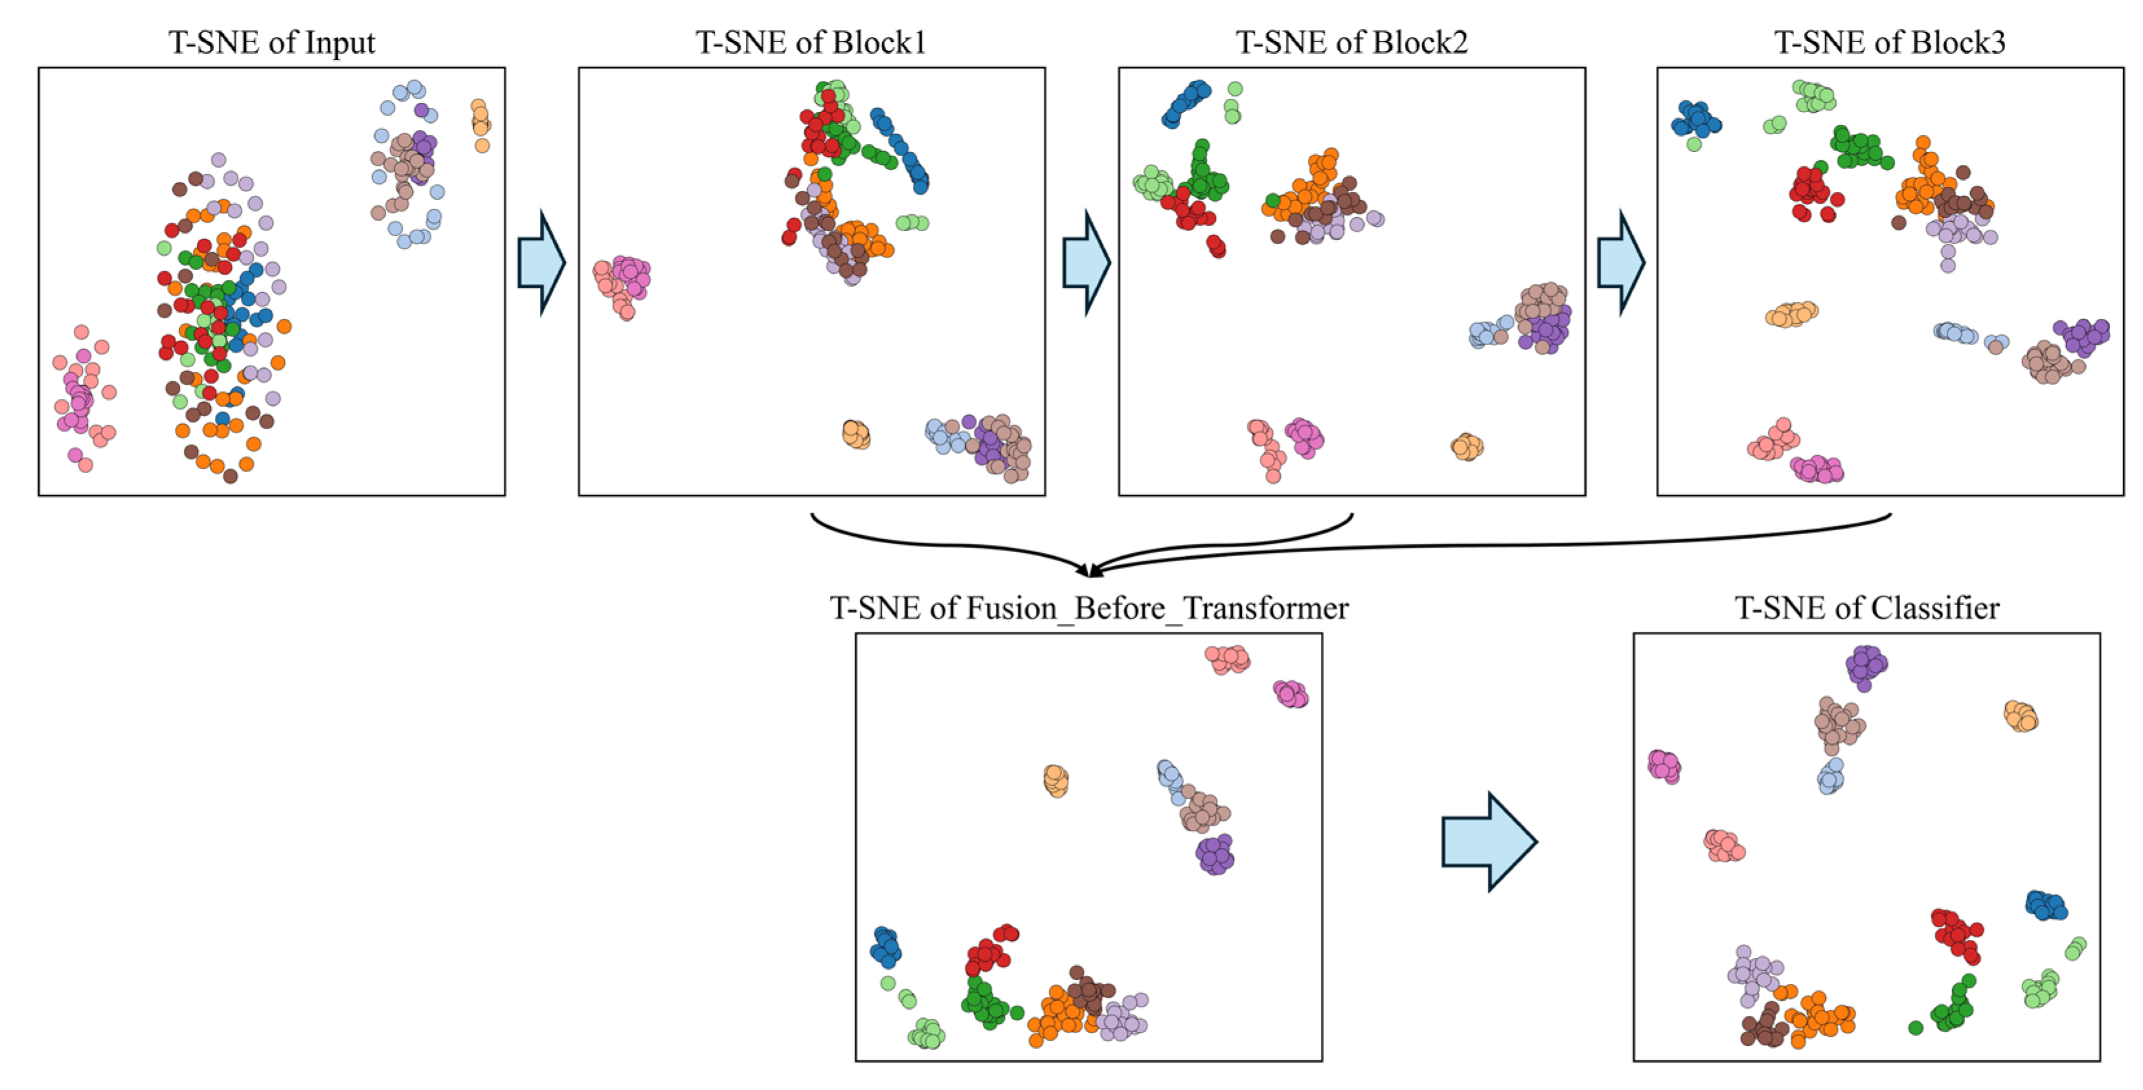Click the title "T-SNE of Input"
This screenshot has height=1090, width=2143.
pos(271,43)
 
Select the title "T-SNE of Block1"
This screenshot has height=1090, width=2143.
pos(811,43)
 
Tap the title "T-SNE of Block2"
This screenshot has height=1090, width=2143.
pos(1351,43)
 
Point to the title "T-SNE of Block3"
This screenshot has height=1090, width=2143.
pos(1889,43)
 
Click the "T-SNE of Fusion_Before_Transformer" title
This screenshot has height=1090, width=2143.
pos(1088,608)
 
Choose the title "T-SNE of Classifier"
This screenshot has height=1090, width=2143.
pos(1866,608)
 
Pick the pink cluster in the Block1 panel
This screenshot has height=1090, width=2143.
pos(623,283)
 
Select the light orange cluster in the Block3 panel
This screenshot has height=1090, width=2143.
pos(1791,315)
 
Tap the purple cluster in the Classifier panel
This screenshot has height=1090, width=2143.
pos(1865,666)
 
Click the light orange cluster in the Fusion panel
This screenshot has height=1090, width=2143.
pos(1056,780)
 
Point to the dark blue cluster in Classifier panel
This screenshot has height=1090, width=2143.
pos(2046,905)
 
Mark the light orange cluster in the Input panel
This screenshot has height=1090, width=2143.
pos(480,123)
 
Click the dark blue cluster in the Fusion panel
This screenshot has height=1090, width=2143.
pos(885,947)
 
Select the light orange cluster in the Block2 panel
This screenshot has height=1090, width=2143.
pos(1466,447)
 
